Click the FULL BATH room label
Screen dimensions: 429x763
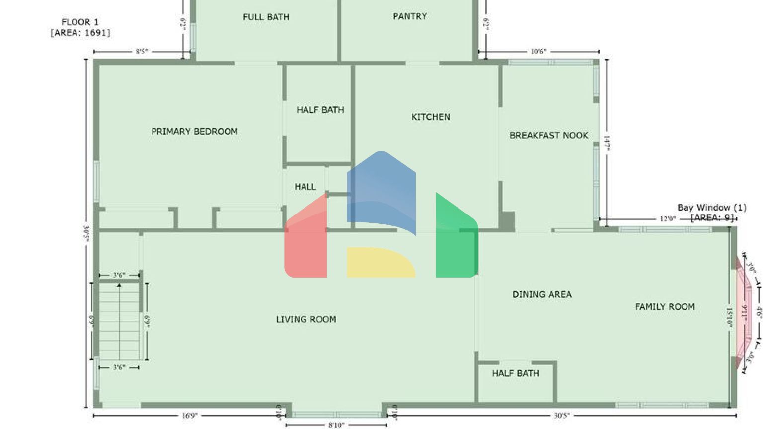coord(266,17)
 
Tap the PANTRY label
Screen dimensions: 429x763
coord(410,16)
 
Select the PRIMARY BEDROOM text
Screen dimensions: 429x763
coord(194,132)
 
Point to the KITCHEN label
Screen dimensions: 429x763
coord(430,117)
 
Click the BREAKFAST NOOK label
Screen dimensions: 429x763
coord(548,135)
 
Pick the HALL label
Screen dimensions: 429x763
coord(305,187)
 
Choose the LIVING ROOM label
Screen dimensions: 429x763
coord(306,319)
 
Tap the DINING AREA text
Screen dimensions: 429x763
coord(541,294)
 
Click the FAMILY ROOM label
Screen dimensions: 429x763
coord(665,307)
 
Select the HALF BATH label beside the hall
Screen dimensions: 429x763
coord(320,110)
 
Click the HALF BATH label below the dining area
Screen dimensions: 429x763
coord(515,373)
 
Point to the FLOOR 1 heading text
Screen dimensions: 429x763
coord(80,22)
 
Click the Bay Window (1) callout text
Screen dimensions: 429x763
coord(711,208)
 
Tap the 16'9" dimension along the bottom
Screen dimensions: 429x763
coord(189,416)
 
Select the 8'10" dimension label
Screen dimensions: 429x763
coord(336,425)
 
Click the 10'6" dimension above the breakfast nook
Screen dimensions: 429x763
coord(538,51)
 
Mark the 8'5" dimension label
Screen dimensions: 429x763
coord(142,51)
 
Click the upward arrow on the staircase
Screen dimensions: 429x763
coord(119,286)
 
